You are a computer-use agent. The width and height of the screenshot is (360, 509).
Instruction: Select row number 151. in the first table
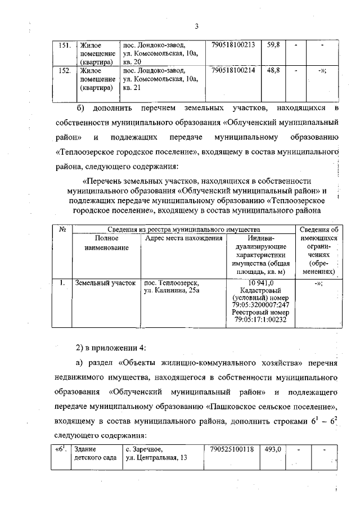tap(64, 44)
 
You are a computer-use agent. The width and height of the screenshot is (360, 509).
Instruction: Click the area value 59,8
tap(274, 44)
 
